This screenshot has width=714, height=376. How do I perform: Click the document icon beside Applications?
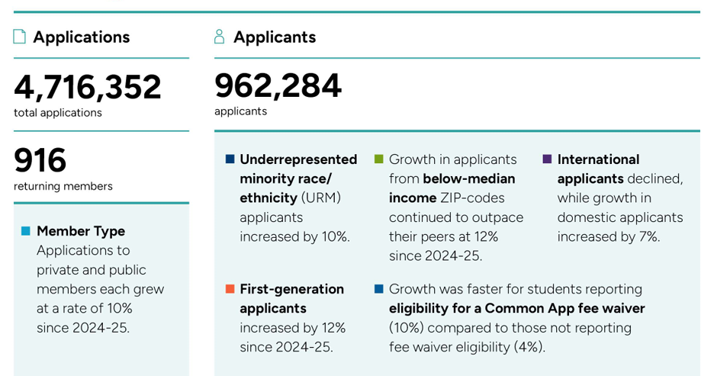pos(20,37)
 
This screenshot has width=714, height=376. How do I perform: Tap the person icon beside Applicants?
pos(220,37)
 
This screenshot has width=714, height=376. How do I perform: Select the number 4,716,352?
pos(88,87)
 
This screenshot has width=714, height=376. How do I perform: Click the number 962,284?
pos(278,85)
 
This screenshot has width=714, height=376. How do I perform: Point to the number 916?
pos(40,161)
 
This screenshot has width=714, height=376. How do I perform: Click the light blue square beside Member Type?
pos(26,230)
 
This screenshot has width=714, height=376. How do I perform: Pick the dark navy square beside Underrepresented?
pos(230,159)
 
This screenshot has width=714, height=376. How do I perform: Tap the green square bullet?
pos(378,159)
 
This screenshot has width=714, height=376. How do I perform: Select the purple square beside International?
pos(547,159)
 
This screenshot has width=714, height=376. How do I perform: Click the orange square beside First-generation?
pos(230,289)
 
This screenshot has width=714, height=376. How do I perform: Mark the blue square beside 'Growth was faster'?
pos(378,289)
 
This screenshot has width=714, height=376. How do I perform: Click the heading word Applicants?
pos(275,37)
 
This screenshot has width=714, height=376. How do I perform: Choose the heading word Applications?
pos(82,37)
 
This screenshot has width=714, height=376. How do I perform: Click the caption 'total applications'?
pos(57,112)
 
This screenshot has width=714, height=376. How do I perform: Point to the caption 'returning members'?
pos(63,186)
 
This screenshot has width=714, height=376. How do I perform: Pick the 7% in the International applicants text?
pos(648,236)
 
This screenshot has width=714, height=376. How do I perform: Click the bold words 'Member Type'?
pos(81,230)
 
